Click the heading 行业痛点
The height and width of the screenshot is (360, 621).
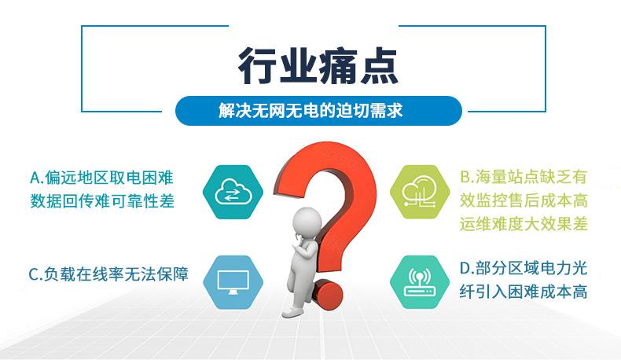pos(318,66)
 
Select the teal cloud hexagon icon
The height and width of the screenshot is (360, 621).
pos(232,189)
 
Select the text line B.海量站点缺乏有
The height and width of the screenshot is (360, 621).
pos(523,175)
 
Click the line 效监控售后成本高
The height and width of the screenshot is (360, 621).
pos(524,199)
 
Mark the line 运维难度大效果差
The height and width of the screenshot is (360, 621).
pos(524,223)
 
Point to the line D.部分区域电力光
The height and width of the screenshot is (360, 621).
pos(523,267)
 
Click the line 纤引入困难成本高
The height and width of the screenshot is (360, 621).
pos(524,292)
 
